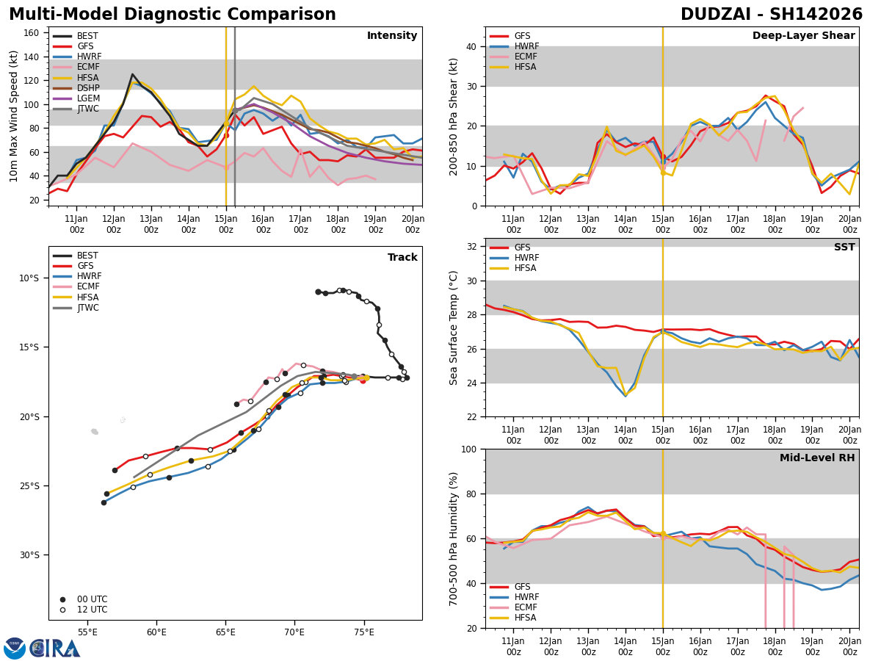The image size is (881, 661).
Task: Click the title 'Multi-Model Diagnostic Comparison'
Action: pos(173,15)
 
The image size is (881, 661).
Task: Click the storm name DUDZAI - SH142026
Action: pos(771,15)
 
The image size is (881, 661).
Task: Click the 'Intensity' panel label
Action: pos(391,36)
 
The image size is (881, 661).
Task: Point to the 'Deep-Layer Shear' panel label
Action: pos(803,36)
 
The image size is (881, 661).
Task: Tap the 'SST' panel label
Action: pos(844,248)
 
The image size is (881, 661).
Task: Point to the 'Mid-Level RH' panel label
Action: pos(817,458)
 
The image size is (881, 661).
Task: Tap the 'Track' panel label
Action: pos(402,258)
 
